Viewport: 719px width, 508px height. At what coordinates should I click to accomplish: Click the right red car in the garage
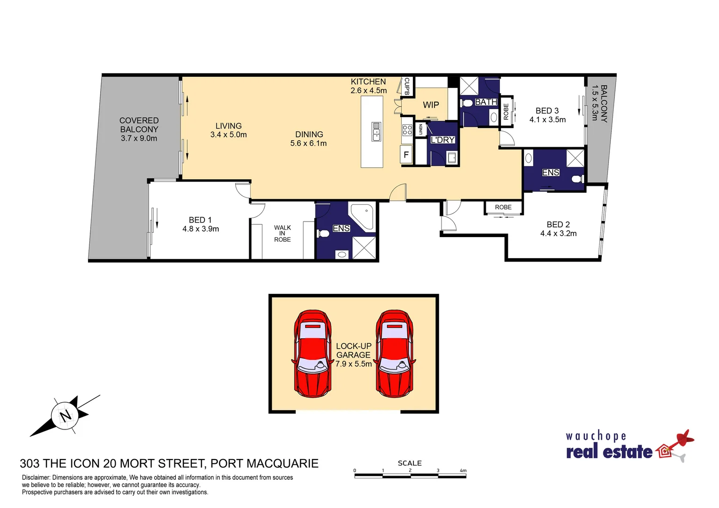pyautogui.click(x=394, y=354)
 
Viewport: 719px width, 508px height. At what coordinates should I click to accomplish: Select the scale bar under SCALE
pyautogui.click(x=410, y=476)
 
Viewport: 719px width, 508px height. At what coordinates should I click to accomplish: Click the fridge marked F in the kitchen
pyautogui.click(x=406, y=155)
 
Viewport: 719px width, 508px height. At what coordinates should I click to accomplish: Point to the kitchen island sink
pyautogui.click(x=376, y=132)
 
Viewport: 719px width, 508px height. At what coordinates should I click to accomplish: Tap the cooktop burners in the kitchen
pyautogui.click(x=407, y=130)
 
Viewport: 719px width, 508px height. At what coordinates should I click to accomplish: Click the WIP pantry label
pyautogui.click(x=431, y=105)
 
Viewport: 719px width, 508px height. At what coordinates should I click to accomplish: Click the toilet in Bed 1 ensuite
pyautogui.click(x=323, y=233)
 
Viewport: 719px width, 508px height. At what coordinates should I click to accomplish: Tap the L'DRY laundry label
pyautogui.click(x=442, y=140)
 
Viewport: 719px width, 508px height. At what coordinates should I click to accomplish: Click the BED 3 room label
pyautogui.click(x=547, y=111)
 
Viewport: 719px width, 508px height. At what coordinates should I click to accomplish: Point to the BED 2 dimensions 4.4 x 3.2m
pyautogui.click(x=558, y=233)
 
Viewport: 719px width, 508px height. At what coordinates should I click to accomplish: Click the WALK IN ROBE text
pyautogui.click(x=282, y=233)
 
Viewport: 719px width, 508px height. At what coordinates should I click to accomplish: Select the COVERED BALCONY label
pyautogui.click(x=139, y=125)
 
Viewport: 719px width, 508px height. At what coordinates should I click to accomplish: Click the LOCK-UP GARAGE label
pyautogui.click(x=354, y=350)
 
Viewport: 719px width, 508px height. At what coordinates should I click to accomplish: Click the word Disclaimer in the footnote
pyautogui.click(x=36, y=477)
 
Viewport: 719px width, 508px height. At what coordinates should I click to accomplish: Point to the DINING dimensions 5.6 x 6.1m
pyautogui.click(x=308, y=143)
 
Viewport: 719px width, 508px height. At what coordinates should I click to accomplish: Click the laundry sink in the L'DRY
pyautogui.click(x=451, y=158)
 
